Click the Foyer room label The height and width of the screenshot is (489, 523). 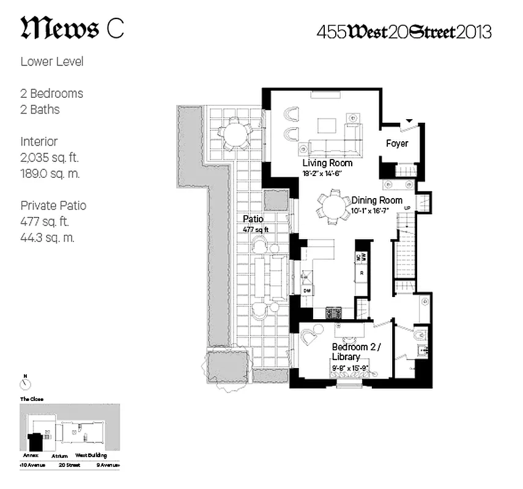coord(397,144)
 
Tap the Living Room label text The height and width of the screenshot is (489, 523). coord(327,163)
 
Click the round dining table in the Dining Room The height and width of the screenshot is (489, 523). coord(333,205)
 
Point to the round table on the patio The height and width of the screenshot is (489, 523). coord(234,133)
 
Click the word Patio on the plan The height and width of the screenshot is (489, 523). coord(253,218)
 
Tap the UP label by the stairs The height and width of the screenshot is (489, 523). coord(406,209)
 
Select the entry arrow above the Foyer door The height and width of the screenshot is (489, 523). coord(409,121)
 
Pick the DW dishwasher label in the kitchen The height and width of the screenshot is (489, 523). coord(306,290)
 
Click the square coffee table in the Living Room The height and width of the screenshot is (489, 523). coord(326,125)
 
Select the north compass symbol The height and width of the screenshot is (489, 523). coord(25,383)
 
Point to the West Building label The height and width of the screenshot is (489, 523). coord(91,455)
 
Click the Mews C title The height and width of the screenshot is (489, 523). coord(72,29)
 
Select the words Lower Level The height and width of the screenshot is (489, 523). coord(52,62)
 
